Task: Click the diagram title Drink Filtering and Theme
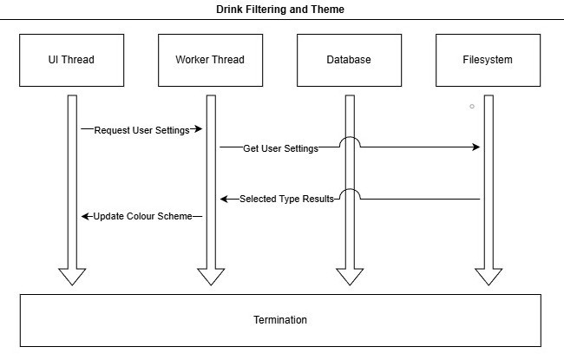coord(279,10)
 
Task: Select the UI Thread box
coord(71,60)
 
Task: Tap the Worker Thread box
coord(210,60)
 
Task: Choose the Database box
coord(349,60)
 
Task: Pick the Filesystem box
coord(488,60)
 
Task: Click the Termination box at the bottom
coord(279,320)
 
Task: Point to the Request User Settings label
coord(141,129)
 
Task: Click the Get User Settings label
coord(280,147)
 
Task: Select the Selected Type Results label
coord(286,199)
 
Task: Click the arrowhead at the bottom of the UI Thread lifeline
coord(72,277)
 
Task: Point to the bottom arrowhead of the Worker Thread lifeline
coord(211,277)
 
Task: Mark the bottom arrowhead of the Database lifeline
coord(350,277)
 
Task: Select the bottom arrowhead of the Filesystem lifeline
coord(489,277)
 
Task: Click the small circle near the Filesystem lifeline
coord(472,106)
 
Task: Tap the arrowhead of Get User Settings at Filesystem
coord(476,147)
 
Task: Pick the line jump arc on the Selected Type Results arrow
coord(349,193)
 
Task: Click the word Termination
coord(279,320)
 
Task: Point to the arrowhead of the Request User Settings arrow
coord(198,129)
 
